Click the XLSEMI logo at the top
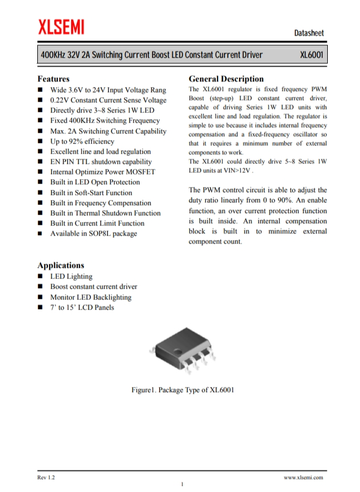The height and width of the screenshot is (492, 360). pyautogui.click(x=62, y=27)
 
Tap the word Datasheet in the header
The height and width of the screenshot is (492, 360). pyautogui.click(x=309, y=33)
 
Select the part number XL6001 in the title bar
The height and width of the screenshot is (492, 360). pyautogui.click(x=310, y=55)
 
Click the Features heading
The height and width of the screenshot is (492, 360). pyautogui.click(x=53, y=79)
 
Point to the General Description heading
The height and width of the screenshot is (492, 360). pyautogui.click(x=225, y=79)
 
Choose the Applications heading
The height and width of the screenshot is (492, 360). pyautogui.click(x=60, y=265)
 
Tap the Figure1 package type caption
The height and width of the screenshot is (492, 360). pyautogui.click(x=183, y=390)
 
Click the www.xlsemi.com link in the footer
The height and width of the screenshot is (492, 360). pyautogui.click(x=303, y=478)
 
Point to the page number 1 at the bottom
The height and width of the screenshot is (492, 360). pyautogui.click(x=182, y=484)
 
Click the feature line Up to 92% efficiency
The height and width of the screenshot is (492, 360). pyautogui.click(x=82, y=141)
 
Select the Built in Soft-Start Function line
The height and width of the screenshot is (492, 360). pyautogui.click(x=91, y=193)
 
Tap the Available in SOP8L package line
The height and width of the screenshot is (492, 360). pyautogui.click(x=93, y=233)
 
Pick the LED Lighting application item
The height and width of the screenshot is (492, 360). pyautogui.click(x=71, y=277)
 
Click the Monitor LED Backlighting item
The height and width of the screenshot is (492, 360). pyautogui.click(x=90, y=297)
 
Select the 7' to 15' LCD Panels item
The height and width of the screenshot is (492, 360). pyautogui.click(x=82, y=307)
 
